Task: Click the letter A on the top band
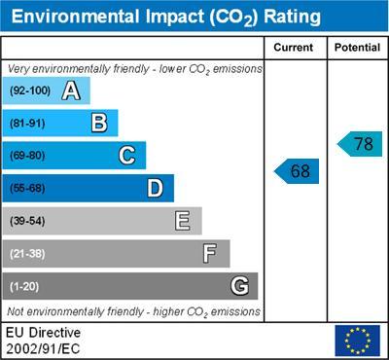[70, 91]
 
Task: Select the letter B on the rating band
[98, 123]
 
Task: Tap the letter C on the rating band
[126, 156]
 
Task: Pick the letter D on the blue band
[155, 188]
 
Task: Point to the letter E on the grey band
[182, 221]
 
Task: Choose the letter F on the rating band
[209, 254]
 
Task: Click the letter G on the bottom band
[238, 286]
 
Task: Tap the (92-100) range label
[30, 91]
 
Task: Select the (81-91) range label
[27, 124]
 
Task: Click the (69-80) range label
[27, 156]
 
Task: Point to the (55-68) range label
[27, 189]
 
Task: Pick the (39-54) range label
[27, 221]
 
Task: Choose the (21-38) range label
[27, 254]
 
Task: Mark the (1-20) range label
[24, 287]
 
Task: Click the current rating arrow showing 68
[297, 171]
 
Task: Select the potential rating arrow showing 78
[360, 144]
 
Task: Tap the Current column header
[294, 47]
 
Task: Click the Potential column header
[357, 47]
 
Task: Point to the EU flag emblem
[357, 341]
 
